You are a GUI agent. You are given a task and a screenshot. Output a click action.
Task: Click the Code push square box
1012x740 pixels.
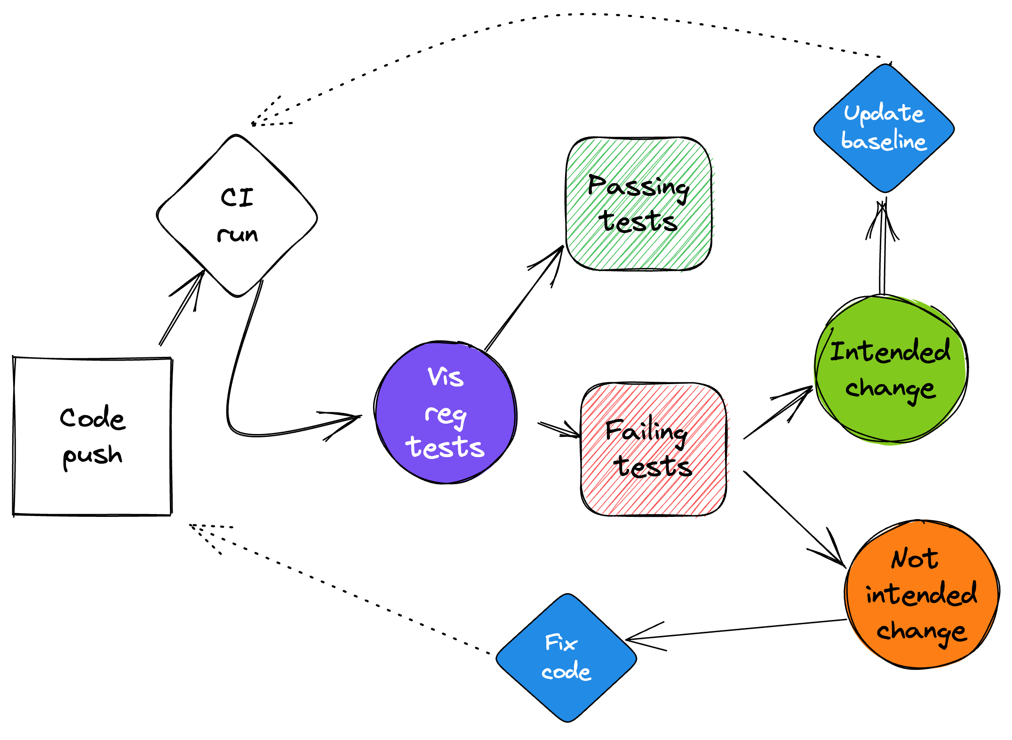coord(92,436)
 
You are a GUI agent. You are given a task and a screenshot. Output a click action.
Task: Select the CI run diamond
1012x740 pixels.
coord(237,216)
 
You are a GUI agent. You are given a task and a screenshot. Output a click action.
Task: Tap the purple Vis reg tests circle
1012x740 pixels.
coord(446,413)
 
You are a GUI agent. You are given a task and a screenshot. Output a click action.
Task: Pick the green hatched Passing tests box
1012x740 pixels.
coord(638,204)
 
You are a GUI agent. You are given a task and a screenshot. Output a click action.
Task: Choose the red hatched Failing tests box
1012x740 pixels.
coord(653,449)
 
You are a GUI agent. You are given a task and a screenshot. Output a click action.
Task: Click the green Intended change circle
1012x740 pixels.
coord(891,370)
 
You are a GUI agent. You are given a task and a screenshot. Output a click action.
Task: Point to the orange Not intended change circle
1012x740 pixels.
coord(922,595)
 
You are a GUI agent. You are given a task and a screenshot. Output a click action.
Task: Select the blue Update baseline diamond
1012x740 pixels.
coord(884,128)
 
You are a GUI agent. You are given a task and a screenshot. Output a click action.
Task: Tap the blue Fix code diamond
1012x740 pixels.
coord(566,658)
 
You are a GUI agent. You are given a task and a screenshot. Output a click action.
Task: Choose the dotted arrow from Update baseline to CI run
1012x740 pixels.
coord(565,15)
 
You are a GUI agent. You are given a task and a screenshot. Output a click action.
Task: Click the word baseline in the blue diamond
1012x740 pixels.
coord(884,141)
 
